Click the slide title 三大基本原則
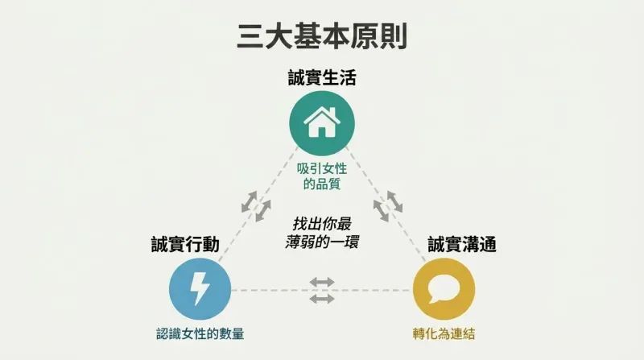[322, 36]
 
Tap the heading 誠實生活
[322, 77]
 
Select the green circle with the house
[322, 124]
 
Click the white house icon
[322, 122]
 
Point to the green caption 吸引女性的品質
[322, 176]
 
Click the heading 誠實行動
[185, 244]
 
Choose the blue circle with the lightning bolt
[200, 289]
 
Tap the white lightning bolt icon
[200, 288]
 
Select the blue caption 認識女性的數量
[200, 333]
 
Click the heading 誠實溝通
[462, 244]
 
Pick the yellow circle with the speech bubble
[444, 289]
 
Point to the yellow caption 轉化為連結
[444, 333]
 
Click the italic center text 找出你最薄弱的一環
[322, 233]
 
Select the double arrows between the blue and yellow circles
[322, 290]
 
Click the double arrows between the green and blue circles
[256, 206]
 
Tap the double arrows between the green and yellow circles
[388, 206]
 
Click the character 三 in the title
[251, 36]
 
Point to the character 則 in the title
[394, 36]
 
